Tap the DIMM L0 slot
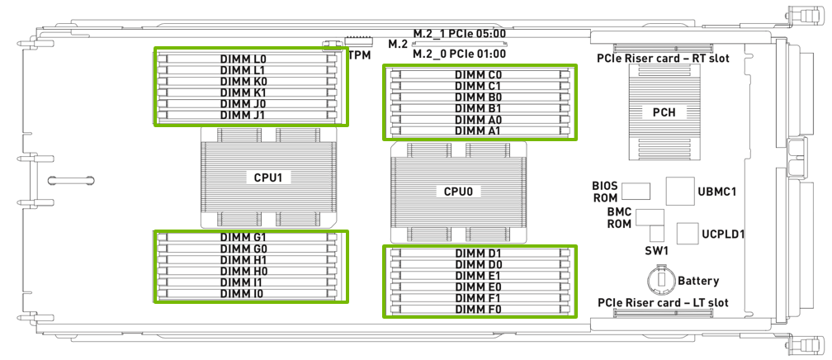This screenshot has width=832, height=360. [x=248, y=59]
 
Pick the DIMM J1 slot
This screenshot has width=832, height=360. [x=248, y=116]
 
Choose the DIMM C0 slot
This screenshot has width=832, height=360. [x=479, y=74]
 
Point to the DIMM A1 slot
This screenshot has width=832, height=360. [x=479, y=130]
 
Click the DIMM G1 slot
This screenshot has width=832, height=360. [x=248, y=237]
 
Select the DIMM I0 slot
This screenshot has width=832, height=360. [x=248, y=293]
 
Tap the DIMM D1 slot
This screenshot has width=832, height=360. [x=479, y=253]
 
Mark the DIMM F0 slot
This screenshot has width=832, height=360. [x=479, y=309]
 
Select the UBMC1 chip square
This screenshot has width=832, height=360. [x=679, y=191]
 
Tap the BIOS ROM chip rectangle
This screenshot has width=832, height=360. [x=636, y=192]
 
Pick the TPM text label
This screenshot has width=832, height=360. [x=359, y=55]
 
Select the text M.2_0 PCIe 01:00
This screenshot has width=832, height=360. [x=459, y=54]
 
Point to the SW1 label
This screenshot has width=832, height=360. [x=656, y=249]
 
